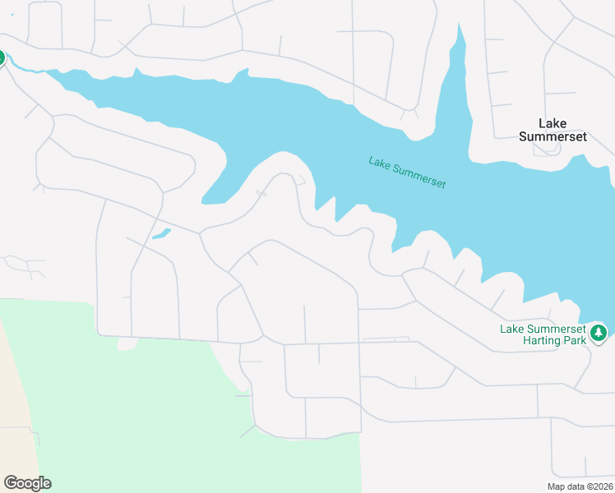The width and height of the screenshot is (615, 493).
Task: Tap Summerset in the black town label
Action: click(x=553, y=136)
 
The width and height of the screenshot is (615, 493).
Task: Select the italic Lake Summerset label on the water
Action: click(x=407, y=173)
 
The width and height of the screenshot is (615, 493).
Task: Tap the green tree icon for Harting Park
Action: click(x=599, y=333)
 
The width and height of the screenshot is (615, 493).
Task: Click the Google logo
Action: click(x=27, y=483)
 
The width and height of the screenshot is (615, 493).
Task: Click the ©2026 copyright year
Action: click(x=599, y=486)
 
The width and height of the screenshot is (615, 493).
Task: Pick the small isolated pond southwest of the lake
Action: click(x=161, y=233)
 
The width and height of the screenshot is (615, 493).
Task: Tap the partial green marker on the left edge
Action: click(x=2, y=58)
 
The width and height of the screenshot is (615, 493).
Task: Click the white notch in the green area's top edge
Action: click(x=126, y=343)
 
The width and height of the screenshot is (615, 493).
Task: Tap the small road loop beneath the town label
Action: click(x=544, y=150)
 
